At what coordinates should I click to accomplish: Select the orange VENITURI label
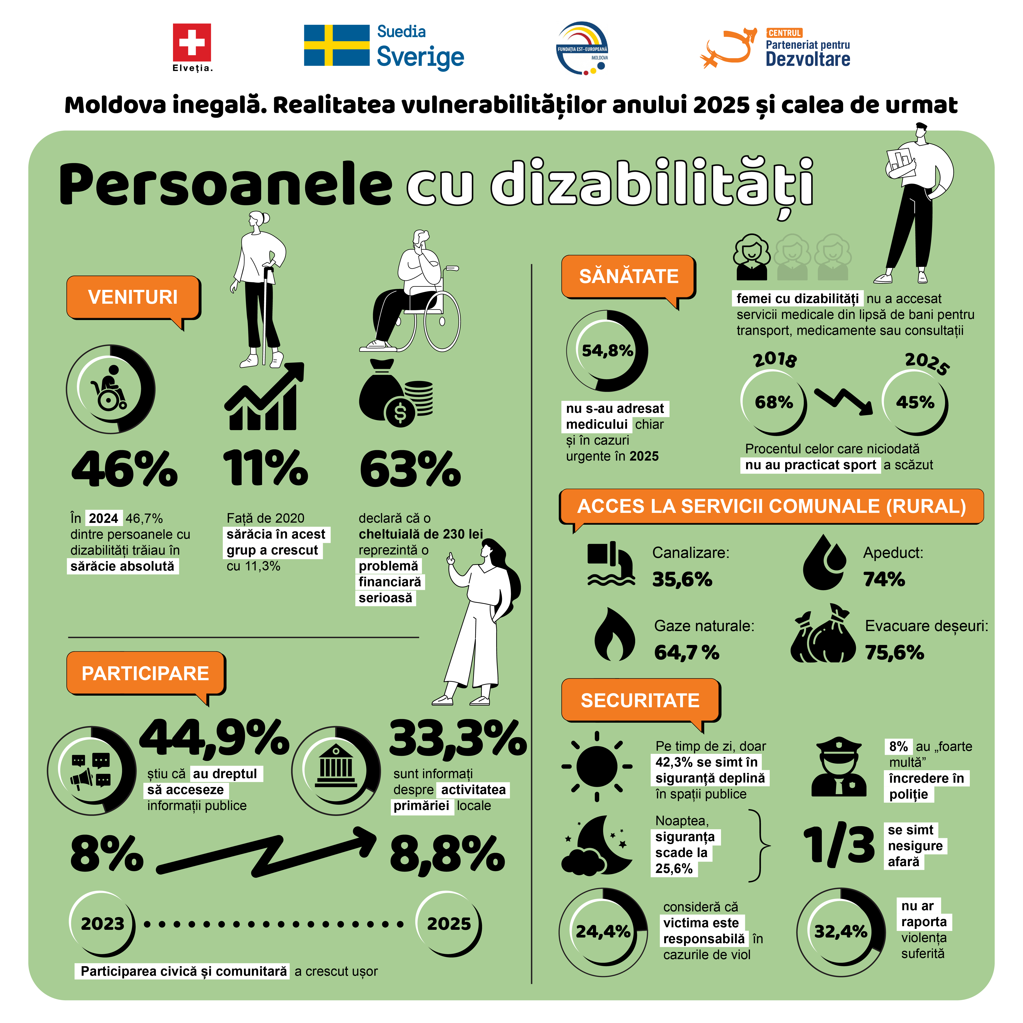(133, 297)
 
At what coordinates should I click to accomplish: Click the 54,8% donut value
(607, 351)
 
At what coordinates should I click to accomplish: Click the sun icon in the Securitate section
(597, 766)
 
